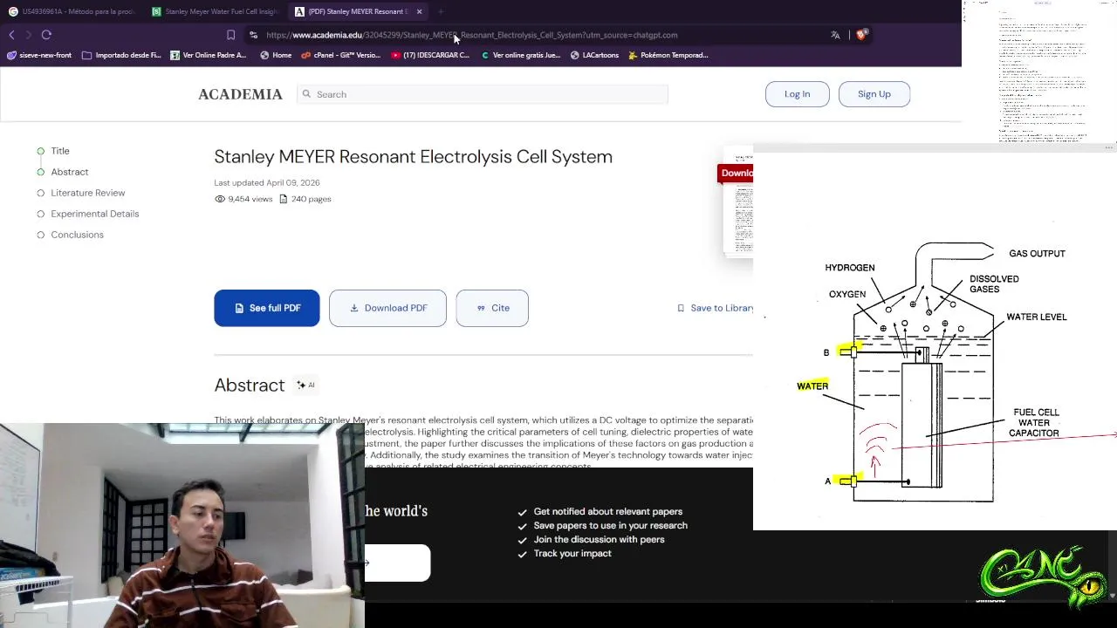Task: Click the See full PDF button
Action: tap(267, 308)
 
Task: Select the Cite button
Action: tap(492, 308)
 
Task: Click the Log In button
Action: tap(797, 94)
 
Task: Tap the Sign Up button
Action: tap(874, 94)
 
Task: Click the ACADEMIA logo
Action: tap(240, 94)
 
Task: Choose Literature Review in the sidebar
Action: tap(87, 193)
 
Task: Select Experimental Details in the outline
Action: tap(94, 214)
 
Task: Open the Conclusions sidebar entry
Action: tap(77, 235)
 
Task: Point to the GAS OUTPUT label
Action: tap(1037, 254)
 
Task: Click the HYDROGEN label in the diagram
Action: tap(849, 268)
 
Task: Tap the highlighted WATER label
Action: tap(812, 386)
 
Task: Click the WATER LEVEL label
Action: tap(1036, 317)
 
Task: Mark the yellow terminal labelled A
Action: tap(847, 481)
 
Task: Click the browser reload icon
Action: tap(46, 35)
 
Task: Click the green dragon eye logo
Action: tap(1044, 575)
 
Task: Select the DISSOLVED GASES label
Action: tap(994, 283)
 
